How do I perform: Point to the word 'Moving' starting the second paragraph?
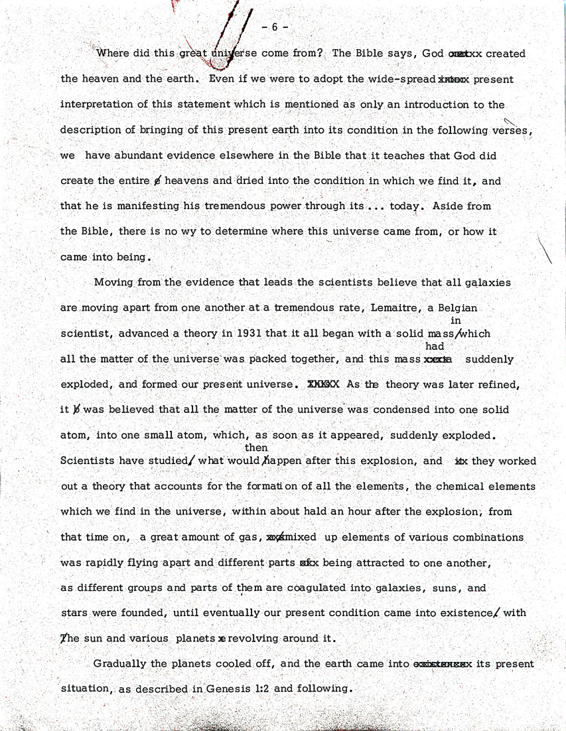111,282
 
